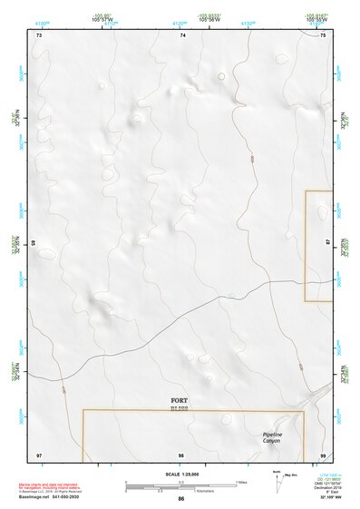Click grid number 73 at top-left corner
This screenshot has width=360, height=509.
39,34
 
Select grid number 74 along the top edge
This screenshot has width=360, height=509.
182,34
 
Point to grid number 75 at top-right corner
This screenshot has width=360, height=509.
323,34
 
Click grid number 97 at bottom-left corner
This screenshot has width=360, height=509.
39,454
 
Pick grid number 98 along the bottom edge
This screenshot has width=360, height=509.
181,454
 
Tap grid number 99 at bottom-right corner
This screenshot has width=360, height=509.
323,454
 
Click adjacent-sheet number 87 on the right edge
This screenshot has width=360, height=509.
328,243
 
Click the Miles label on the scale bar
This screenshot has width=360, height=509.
240,481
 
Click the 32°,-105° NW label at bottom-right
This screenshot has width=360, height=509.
332,500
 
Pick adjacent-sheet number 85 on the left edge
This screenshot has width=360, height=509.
33,243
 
